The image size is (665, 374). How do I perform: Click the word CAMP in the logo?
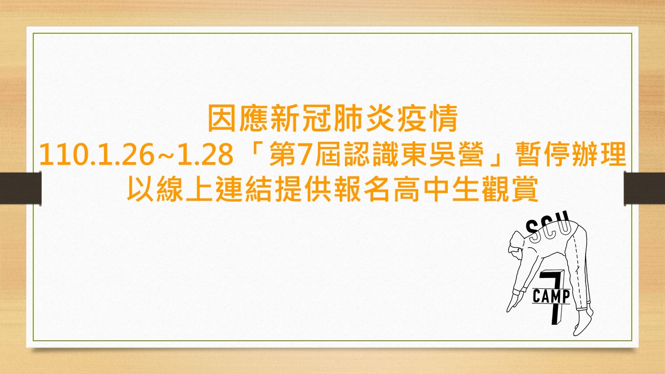[x=552, y=297]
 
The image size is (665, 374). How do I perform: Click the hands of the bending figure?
[x=514, y=304]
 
